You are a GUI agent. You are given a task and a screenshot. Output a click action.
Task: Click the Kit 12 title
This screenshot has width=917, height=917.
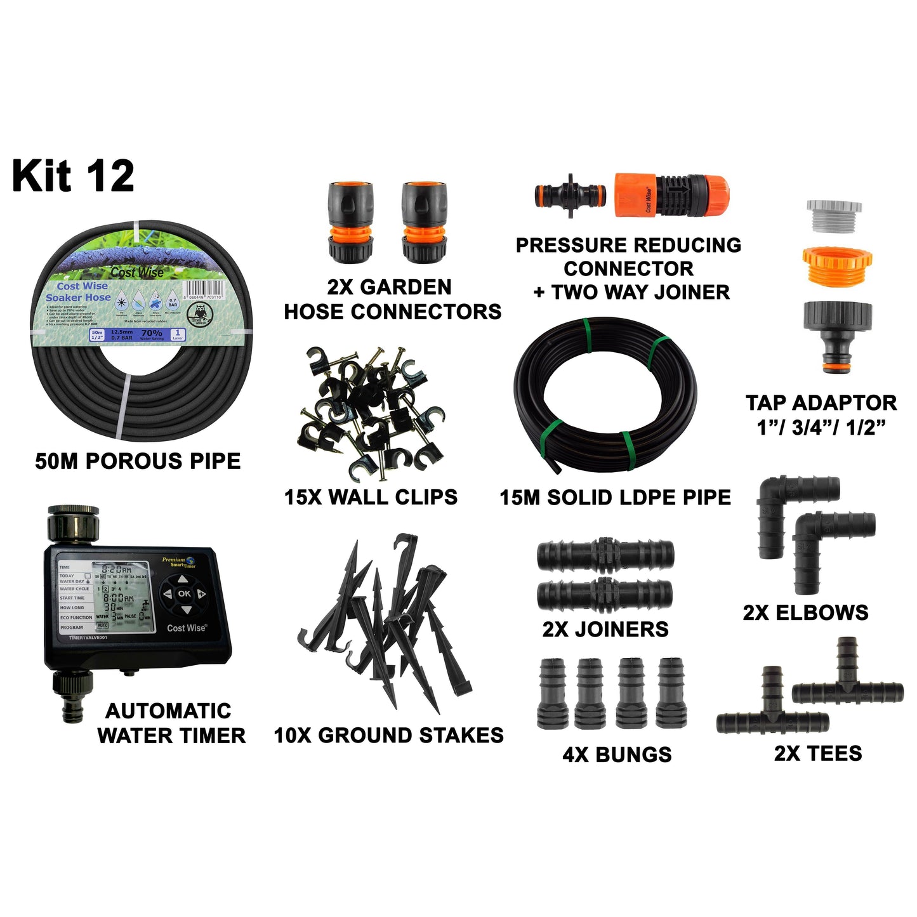[73, 176]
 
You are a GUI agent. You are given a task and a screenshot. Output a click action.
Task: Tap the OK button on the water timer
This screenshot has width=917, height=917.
[184, 593]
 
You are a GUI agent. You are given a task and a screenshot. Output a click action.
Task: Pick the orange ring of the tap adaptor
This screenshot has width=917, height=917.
[836, 265]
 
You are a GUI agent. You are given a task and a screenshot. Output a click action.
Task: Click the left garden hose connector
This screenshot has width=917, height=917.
[351, 223]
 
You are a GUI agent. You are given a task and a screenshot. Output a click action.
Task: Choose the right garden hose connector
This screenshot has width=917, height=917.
[424, 223]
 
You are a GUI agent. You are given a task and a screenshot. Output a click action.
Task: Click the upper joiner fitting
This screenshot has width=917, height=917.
[605, 555]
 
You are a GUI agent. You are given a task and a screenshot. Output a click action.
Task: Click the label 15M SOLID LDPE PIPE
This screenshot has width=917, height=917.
[615, 498]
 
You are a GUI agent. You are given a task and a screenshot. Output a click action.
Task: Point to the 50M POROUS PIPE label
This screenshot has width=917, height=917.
[138, 461]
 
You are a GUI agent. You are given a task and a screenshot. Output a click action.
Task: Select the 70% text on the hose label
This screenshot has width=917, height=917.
[152, 333]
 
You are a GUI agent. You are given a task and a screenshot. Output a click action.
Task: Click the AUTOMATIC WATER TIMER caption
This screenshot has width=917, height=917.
[171, 723]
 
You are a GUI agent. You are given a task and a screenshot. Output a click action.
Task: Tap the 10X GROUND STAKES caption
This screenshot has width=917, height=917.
[388, 736]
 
